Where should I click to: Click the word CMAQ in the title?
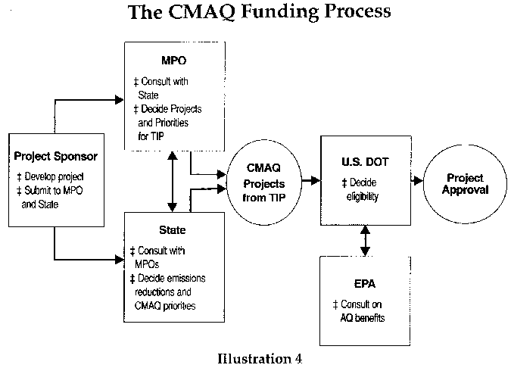click(201, 11)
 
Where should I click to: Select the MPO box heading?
click(173, 61)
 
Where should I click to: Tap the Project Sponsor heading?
click(56, 157)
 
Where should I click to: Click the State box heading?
click(173, 229)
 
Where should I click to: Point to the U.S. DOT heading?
click(365, 162)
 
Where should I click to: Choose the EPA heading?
click(365, 284)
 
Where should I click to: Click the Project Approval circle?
click(465, 184)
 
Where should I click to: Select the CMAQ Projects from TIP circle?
click(264, 182)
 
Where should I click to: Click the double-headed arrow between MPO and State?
click(173, 181)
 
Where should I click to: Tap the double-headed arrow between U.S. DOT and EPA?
click(365, 241)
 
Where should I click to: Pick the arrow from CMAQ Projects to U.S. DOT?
click(311, 180)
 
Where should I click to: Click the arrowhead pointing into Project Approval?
click(418, 180)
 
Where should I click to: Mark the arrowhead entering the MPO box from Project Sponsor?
click(120, 100)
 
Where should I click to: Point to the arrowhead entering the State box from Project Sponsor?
click(120, 260)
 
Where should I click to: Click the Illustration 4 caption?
click(260, 359)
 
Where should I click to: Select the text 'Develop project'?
click(54, 176)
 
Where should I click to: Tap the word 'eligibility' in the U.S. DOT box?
click(363, 197)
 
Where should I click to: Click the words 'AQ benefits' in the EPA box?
click(363, 318)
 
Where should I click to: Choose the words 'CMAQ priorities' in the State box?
click(165, 306)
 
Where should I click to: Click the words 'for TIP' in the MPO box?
click(151, 136)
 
